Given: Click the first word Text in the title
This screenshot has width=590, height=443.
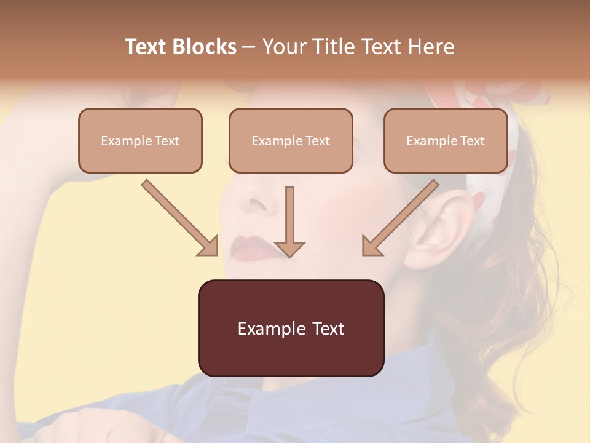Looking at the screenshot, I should click(147, 47).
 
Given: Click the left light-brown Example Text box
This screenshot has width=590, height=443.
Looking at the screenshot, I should click(140, 140).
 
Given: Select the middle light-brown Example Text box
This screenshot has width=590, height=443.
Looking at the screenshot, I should click(291, 140).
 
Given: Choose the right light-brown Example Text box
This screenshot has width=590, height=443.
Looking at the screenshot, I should click(446, 140).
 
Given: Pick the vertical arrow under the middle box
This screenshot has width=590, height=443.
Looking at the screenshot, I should click(289, 221).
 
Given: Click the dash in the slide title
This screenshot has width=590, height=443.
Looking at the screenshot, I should click(249, 47).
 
